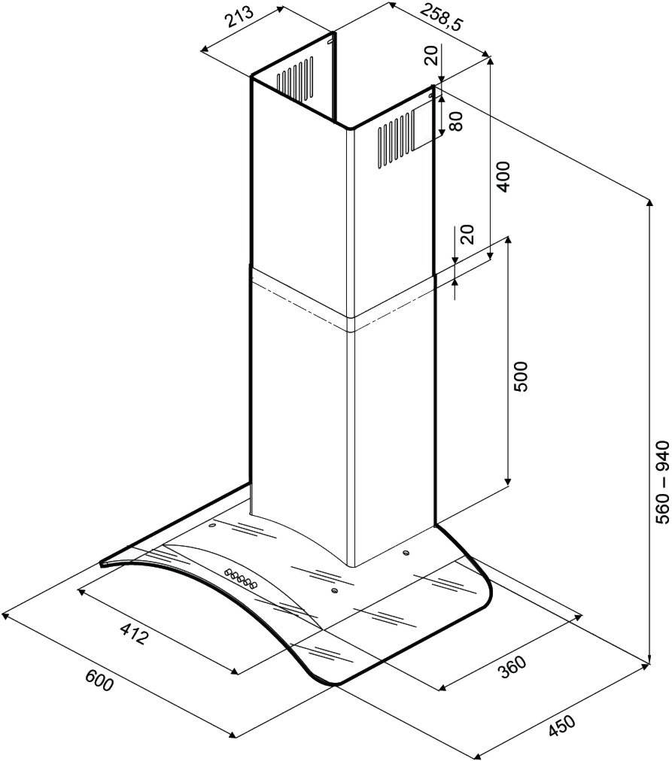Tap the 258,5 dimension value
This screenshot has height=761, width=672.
coord(440,17)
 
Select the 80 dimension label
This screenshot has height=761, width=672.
coord(456,121)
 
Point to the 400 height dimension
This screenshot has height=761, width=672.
coord(504,177)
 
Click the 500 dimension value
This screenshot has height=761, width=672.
coord(520,376)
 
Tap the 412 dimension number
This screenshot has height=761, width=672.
coord(133,633)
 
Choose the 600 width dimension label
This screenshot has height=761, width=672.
coord(99,680)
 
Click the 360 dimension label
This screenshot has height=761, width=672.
coord(511,668)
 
